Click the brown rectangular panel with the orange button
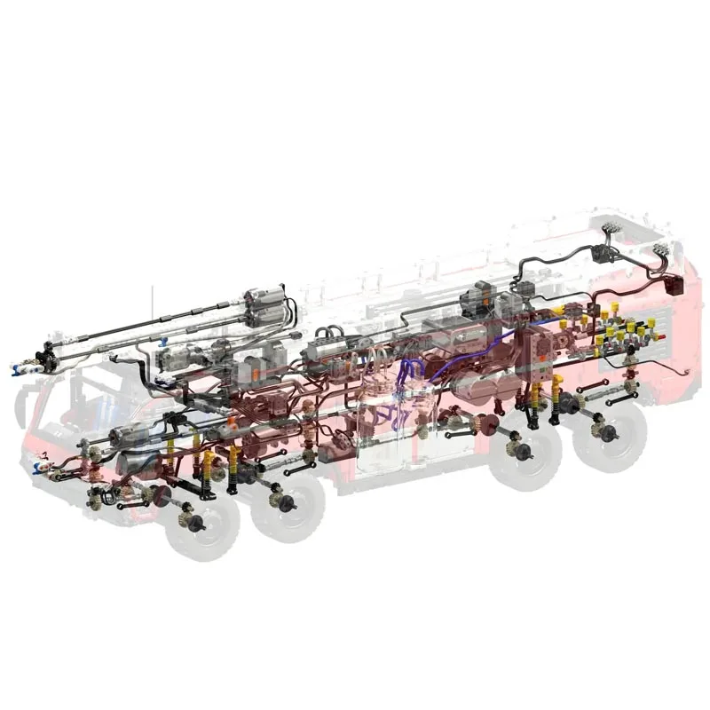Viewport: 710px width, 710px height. click(541, 355)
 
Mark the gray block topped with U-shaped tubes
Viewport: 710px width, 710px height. click(333, 351)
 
